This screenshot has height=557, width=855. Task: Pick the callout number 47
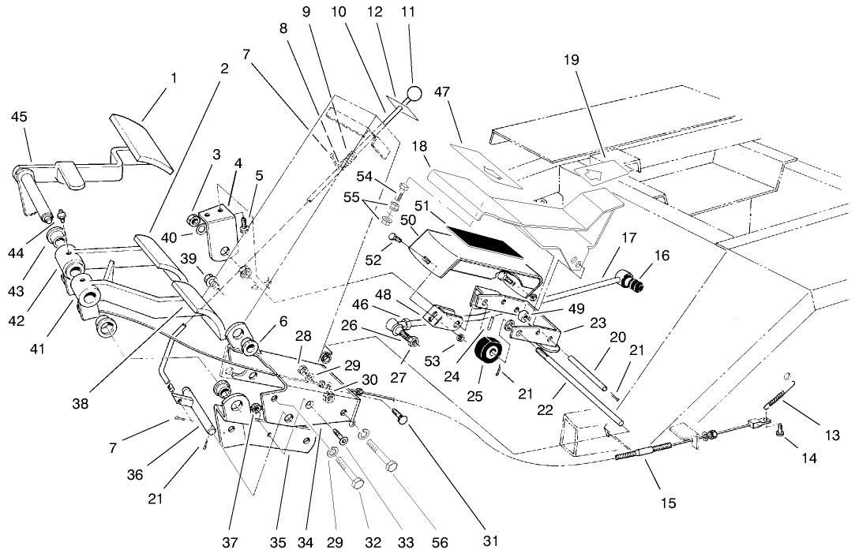pyautogui.click(x=441, y=92)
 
